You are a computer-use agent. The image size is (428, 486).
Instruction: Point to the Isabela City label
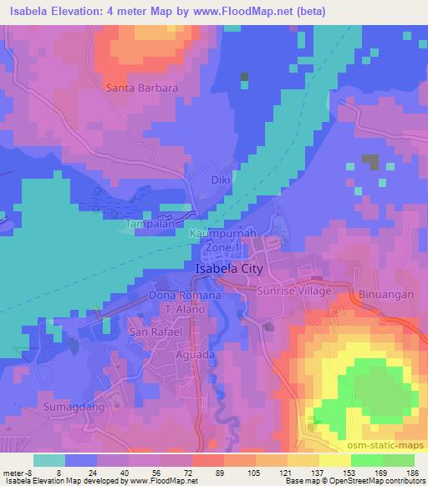tap(228, 270)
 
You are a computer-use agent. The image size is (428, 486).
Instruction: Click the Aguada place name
tap(183, 354)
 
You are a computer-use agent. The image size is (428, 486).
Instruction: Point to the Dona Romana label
tap(185, 296)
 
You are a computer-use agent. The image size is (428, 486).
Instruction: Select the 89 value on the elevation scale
tap(207, 472)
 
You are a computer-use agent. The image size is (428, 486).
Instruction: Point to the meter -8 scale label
tap(19, 472)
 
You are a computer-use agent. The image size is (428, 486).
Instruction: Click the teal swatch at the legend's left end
tap(50, 460)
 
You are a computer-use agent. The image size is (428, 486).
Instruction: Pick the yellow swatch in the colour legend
tap(334, 460)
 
